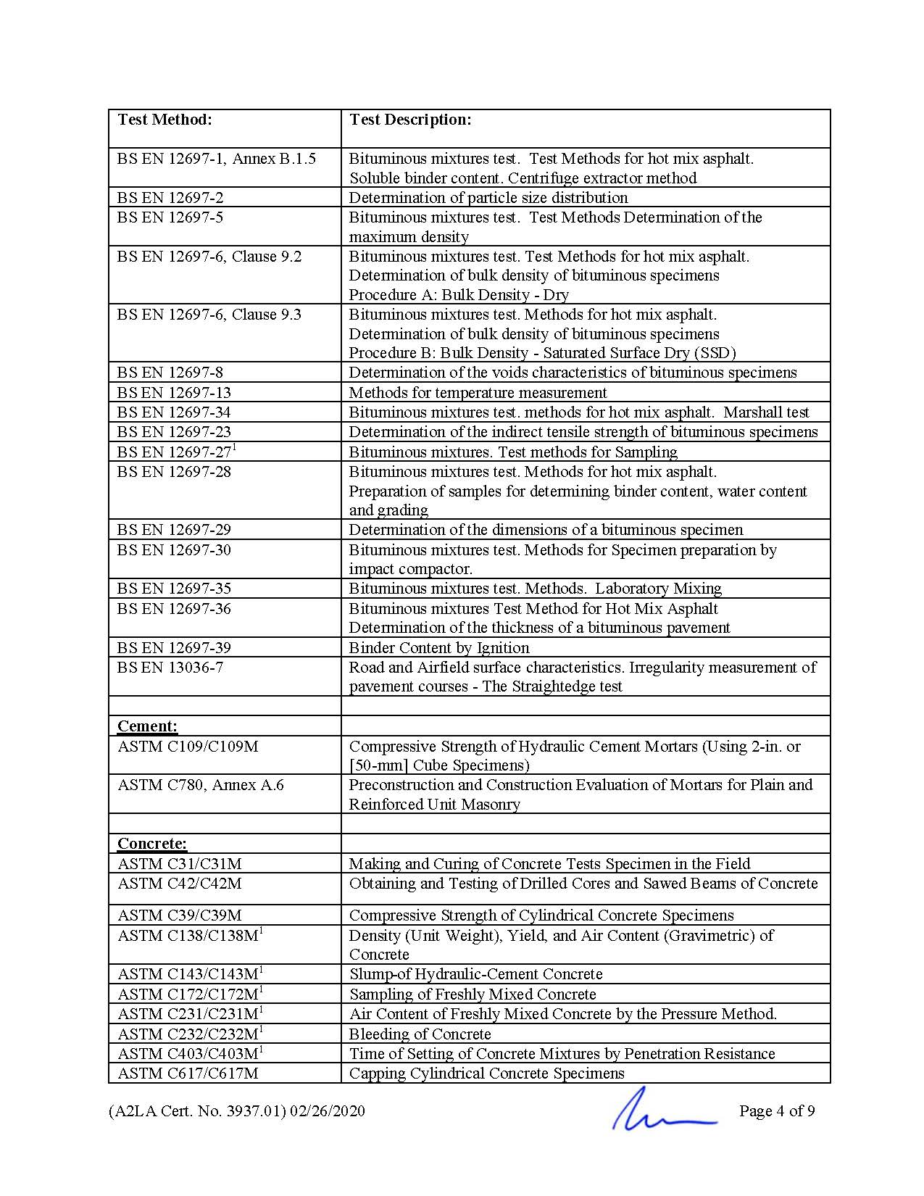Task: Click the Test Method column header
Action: pyautogui.click(x=165, y=120)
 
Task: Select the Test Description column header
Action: pyautogui.click(x=410, y=120)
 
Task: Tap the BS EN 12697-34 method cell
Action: pyautogui.click(x=174, y=412)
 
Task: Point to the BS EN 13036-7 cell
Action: pyautogui.click(x=170, y=668)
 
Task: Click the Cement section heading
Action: pyautogui.click(x=147, y=726)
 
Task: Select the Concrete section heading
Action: pyautogui.click(x=151, y=844)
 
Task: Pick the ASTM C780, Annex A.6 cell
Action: pyautogui.click(x=201, y=785)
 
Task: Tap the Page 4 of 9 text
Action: pyautogui.click(x=777, y=1111)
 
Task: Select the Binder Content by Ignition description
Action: pyautogui.click(x=439, y=648)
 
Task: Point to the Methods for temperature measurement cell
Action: pyautogui.click(x=478, y=393)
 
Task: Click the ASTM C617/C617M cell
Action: pyautogui.click(x=188, y=1074)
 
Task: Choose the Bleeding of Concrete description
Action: pyautogui.click(x=420, y=1034)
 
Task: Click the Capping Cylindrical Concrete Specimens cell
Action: pyautogui.click(x=486, y=1074)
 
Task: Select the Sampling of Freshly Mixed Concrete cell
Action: pyautogui.click(x=473, y=994)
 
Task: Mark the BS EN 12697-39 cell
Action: pyautogui.click(x=174, y=648)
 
